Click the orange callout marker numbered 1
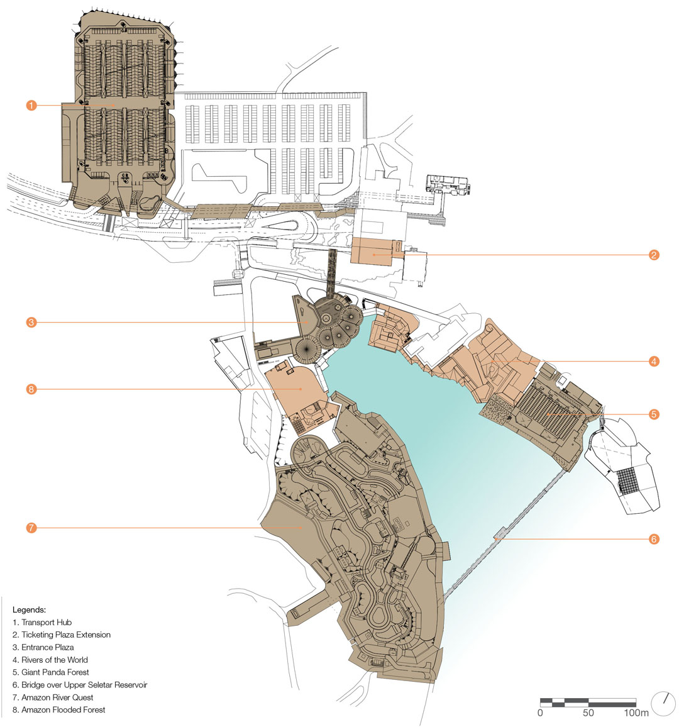tap(31, 105)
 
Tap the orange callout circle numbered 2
tap(653, 255)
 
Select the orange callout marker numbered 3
tap(31, 322)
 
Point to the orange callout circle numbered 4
tap(653, 361)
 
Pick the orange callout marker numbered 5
tap(653, 414)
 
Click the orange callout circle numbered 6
tap(653, 539)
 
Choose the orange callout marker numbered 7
tap(31, 528)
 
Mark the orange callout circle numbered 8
tap(31, 389)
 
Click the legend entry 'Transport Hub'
tap(42, 622)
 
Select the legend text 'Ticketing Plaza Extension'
tap(62, 635)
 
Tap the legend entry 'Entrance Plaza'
tap(43, 647)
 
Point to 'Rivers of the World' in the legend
tap(50, 660)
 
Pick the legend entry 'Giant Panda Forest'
tap(50, 672)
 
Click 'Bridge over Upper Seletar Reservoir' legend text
tap(80, 685)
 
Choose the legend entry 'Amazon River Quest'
tap(53, 697)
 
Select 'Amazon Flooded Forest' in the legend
tap(59, 710)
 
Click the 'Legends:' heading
tap(29, 609)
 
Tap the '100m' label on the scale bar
tap(636, 713)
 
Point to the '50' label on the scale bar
tap(588, 713)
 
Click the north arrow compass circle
tap(663, 704)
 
